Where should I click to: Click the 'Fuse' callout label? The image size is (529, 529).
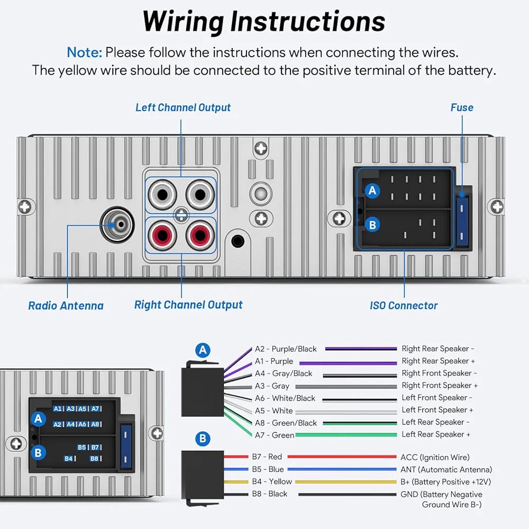[x=461, y=107]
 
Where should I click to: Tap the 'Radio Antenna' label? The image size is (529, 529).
[x=66, y=305]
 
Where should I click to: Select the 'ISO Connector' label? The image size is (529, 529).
[x=404, y=305]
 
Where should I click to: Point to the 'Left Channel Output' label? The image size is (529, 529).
[x=183, y=107]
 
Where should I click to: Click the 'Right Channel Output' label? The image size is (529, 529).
[x=188, y=305]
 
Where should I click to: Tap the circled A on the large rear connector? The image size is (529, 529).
[x=373, y=190]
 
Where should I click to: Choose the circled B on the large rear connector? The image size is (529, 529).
[x=373, y=225]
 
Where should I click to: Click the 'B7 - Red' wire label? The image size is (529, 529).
[x=267, y=457]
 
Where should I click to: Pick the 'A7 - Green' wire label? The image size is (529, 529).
[x=275, y=435]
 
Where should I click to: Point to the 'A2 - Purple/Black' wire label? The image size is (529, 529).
[x=286, y=349]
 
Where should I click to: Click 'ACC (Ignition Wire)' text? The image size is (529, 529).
[x=435, y=457]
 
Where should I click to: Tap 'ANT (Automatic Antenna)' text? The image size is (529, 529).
[x=446, y=469]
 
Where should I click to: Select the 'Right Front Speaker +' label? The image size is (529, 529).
[x=440, y=385]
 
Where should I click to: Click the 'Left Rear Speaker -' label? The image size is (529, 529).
[x=435, y=422]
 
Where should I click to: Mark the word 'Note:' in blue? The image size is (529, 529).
[x=84, y=52]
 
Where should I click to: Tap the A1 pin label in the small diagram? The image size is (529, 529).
[x=58, y=409]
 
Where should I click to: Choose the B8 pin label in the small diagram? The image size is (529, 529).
[x=94, y=459]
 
